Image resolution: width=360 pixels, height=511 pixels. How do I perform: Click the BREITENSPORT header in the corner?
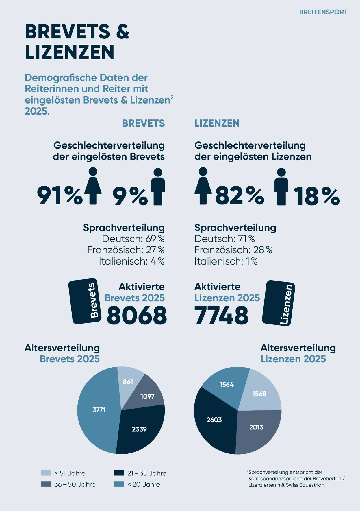tap(323, 12)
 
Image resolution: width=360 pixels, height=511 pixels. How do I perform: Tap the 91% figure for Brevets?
tap(60, 196)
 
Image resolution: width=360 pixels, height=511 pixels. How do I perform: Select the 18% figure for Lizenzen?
tap(317, 196)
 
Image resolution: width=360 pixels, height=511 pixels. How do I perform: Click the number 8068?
tap(137, 315)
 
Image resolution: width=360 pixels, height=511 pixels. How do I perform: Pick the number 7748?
tap(221, 315)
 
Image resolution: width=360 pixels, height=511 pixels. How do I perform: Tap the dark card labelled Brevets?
tap(85, 301)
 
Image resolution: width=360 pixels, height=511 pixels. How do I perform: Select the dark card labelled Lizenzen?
tap(279, 303)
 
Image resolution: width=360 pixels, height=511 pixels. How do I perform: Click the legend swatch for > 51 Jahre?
tap(46, 473)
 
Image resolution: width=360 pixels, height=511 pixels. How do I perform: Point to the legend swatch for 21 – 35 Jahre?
tap(119, 473)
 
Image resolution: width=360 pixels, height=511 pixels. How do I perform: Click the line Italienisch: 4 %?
tap(131, 261)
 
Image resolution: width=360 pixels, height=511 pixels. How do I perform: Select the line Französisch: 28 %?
tap(233, 250)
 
